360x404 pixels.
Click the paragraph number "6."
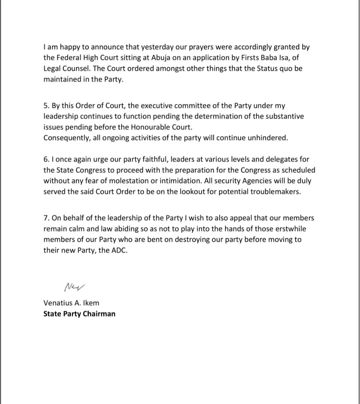pos(46,160)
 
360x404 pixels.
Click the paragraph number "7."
pos(46,218)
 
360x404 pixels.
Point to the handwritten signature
pos(75,287)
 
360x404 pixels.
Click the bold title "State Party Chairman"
pos(79,314)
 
